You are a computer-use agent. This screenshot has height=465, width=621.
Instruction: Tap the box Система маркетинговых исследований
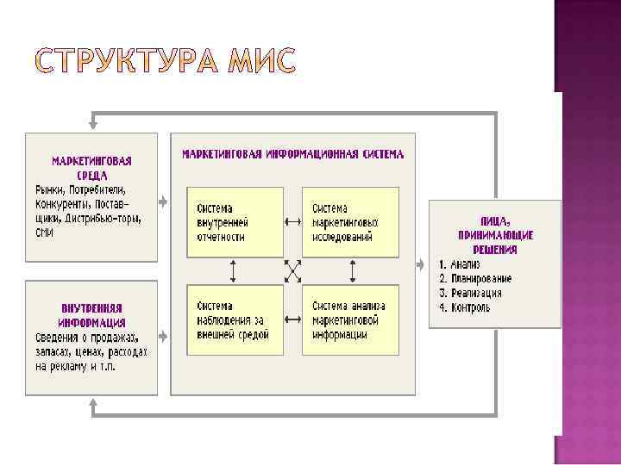[350, 222]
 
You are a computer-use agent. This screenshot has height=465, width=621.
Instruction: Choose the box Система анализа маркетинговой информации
[350, 319]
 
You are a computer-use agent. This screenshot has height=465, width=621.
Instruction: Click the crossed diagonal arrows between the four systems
[293, 271]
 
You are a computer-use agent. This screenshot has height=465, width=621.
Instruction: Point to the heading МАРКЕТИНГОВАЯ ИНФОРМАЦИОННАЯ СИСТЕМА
[292, 155]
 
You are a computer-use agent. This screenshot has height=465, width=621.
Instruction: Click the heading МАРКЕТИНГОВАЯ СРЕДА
[91, 167]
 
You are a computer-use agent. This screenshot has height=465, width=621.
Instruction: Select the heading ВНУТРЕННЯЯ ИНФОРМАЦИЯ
[91, 315]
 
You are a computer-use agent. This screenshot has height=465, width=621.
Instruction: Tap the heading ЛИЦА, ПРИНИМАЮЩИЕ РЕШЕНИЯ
[494, 235]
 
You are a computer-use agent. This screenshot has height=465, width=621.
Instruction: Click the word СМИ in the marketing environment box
[45, 232]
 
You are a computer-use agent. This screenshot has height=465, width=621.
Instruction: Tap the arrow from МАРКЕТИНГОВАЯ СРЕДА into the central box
[163, 201]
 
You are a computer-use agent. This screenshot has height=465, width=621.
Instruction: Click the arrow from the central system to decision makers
[422, 263]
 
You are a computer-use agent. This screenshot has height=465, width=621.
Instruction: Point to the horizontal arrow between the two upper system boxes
[293, 218]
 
